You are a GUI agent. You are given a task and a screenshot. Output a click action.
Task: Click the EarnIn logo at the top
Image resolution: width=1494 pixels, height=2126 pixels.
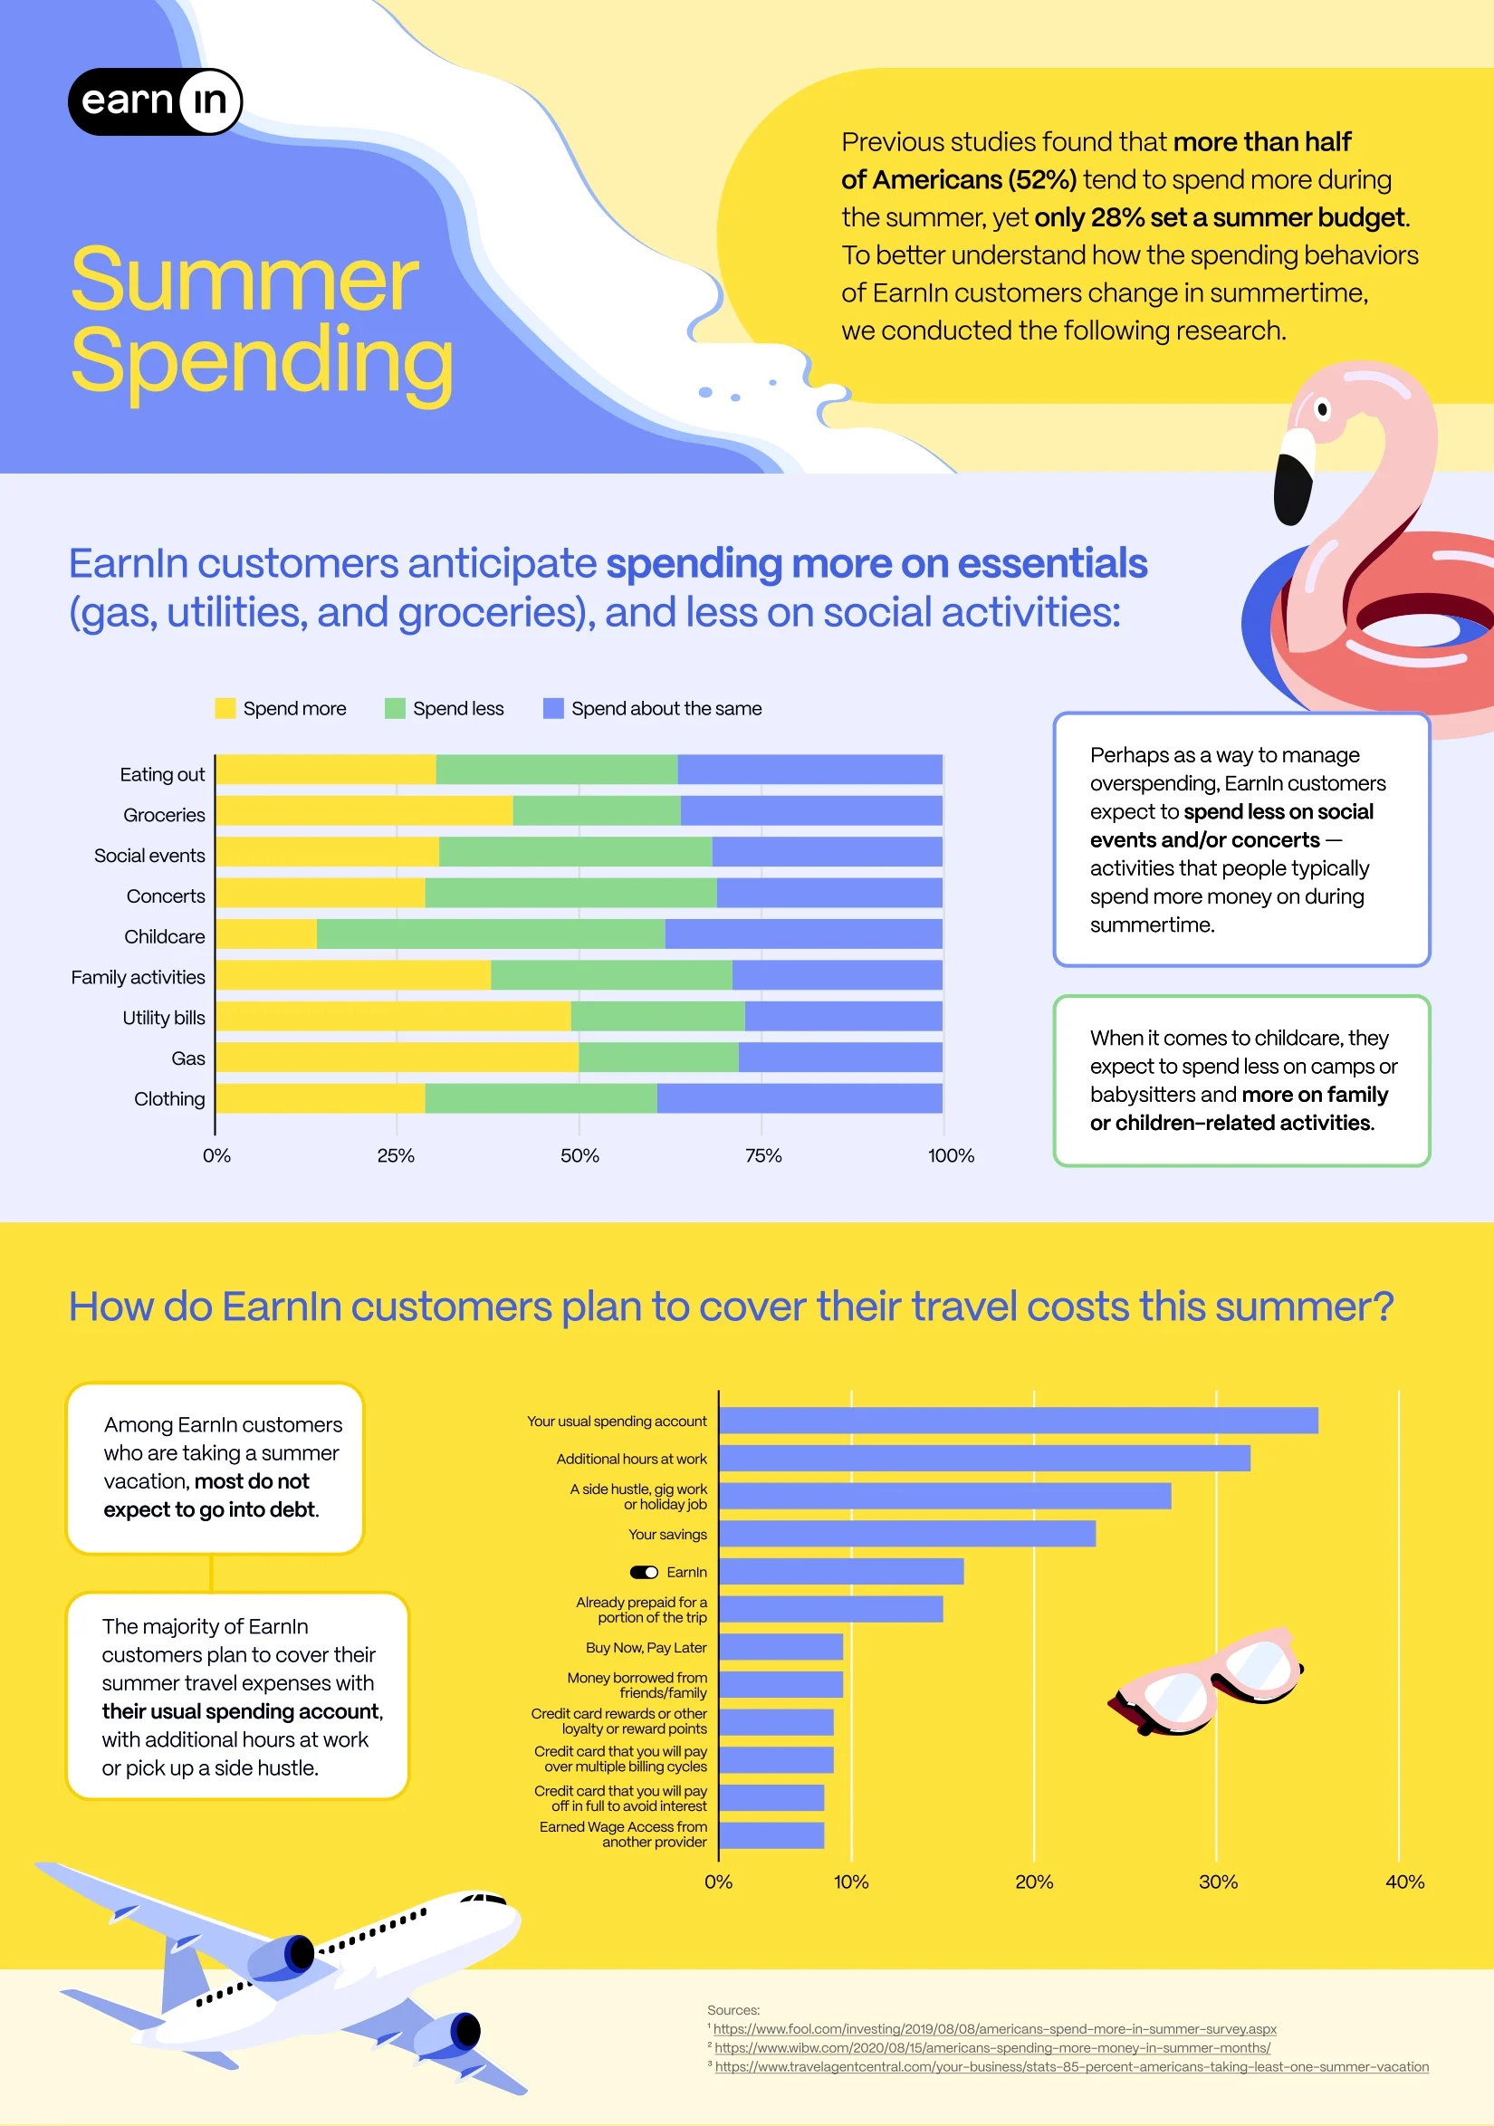(x=155, y=101)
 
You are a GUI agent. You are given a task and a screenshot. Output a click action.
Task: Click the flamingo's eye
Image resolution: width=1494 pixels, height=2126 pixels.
(x=1323, y=409)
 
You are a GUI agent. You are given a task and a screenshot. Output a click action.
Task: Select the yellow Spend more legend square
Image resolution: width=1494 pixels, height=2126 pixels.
(x=225, y=708)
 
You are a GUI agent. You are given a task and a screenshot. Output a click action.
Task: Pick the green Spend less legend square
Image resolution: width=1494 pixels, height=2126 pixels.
(x=395, y=708)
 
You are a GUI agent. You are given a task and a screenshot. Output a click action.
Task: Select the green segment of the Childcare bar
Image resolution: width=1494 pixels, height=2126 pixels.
(x=490, y=934)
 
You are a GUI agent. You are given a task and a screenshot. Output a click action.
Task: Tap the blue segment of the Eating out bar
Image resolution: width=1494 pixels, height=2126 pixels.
(x=809, y=770)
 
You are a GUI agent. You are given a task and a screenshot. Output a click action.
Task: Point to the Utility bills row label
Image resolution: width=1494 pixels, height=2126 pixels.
(x=163, y=1018)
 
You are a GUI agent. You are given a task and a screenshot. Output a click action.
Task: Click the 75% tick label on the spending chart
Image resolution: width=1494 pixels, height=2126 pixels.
(x=763, y=1155)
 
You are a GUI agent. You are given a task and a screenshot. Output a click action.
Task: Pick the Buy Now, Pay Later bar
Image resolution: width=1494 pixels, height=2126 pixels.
(x=781, y=1647)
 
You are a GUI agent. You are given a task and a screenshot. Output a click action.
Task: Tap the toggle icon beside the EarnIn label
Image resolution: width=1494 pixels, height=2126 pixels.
(x=644, y=1572)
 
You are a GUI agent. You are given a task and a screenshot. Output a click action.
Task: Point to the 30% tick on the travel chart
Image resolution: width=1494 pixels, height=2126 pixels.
(x=1217, y=1882)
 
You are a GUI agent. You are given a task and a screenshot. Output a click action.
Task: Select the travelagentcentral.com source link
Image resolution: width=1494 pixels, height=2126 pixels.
(x=1071, y=2067)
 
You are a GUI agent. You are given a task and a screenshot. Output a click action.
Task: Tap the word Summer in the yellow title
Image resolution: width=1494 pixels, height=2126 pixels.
(x=244, y=279)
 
